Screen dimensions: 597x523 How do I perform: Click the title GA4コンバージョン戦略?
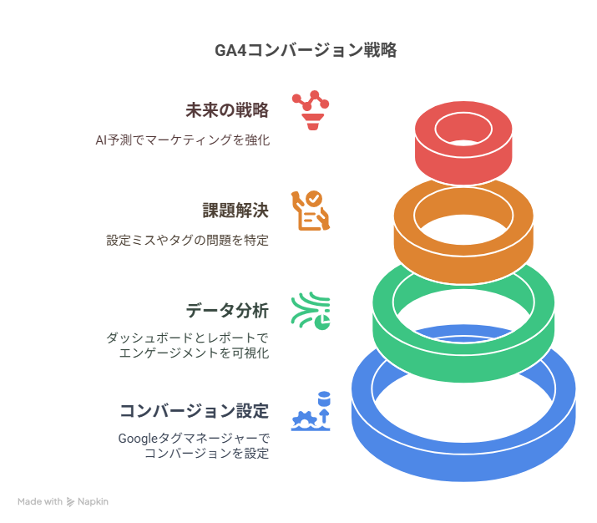tap(306, 50)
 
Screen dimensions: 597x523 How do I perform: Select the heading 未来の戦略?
tap(227, 110)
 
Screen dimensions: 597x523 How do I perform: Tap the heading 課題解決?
tap(235, 211)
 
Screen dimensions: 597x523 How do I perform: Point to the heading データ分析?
tap(227, 311)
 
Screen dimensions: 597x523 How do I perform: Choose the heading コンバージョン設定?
tap(195, 411)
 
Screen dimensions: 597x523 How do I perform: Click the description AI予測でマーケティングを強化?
tap(183, 140)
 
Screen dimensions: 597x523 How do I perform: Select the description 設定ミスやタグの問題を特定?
tap(187, 241)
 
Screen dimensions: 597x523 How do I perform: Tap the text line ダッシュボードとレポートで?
tap(187, 338)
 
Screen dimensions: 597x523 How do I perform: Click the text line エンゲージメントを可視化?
tap(195, 353)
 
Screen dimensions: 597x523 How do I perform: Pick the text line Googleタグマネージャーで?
tap(194, 438)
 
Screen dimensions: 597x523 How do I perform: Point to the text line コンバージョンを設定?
tap(207, 454)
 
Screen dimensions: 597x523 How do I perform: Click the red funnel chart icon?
tap(311, 110)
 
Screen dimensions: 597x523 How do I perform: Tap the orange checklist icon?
tap(311, 211)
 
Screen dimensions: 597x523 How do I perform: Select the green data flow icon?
tap(311, 311)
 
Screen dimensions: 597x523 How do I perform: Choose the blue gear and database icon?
tap(311, 411)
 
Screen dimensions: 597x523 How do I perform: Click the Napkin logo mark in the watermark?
tap(70, 501)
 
